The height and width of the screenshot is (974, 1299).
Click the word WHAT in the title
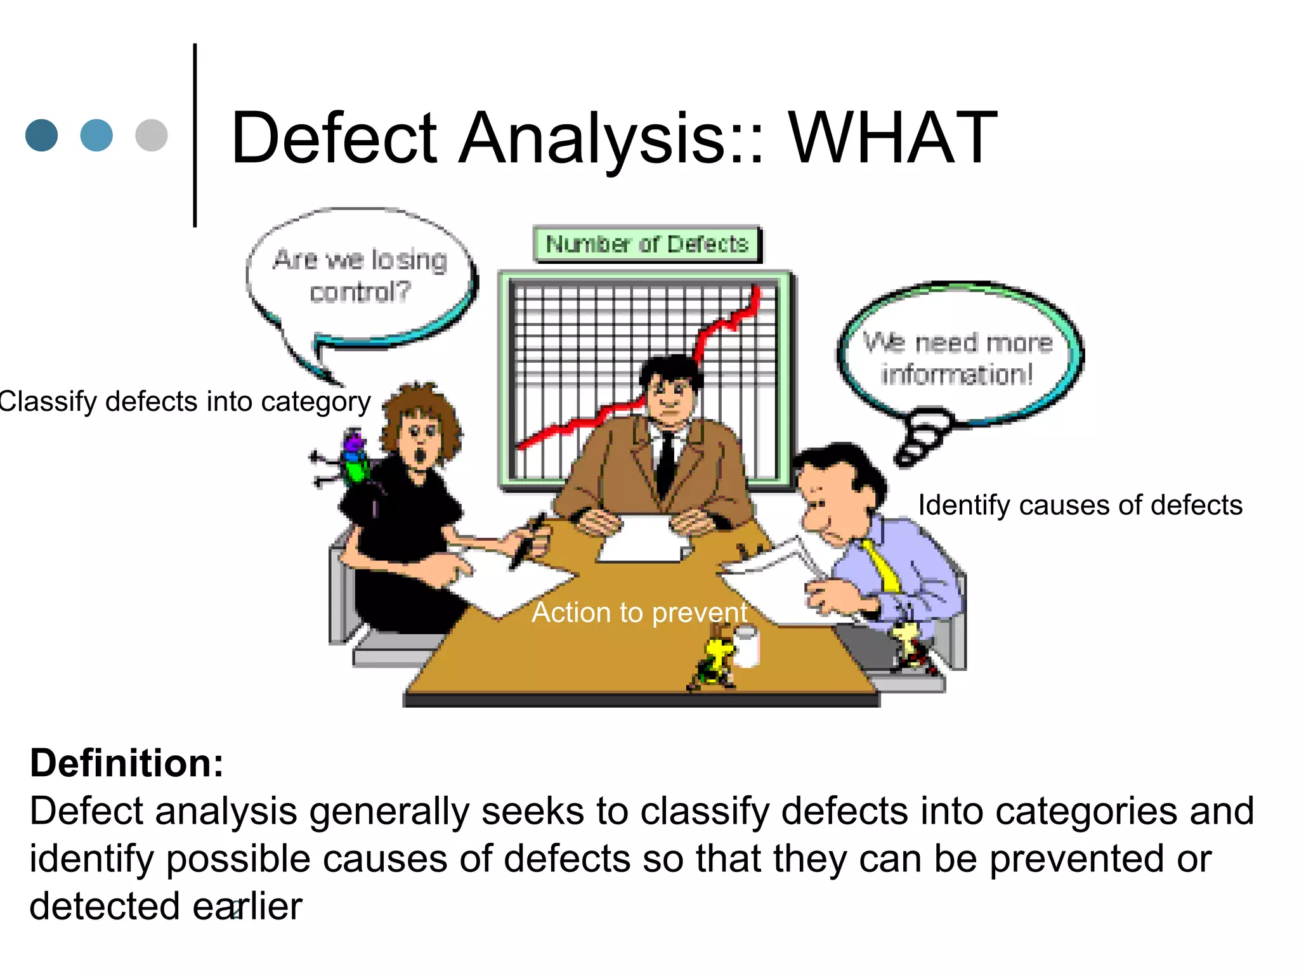click(x=892, y=138)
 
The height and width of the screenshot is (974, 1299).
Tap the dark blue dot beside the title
click(x=42, y=135)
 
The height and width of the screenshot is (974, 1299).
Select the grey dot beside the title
click(x=152, y=135)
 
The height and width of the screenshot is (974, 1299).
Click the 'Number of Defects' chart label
click(x=647, y=244)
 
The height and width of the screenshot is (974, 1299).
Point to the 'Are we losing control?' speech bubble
click(x=360, y=276)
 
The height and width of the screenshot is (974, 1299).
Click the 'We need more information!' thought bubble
click(x=958, y=358)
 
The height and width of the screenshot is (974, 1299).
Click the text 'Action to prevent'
click(x=639, y=613)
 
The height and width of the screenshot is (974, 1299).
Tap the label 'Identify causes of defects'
click(x=1080, y=505)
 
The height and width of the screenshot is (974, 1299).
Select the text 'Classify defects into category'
click(x=185, y=402)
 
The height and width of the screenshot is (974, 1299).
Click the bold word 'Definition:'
click(x=127, y=763)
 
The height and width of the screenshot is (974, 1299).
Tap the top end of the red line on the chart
click(x=756, y=290)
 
